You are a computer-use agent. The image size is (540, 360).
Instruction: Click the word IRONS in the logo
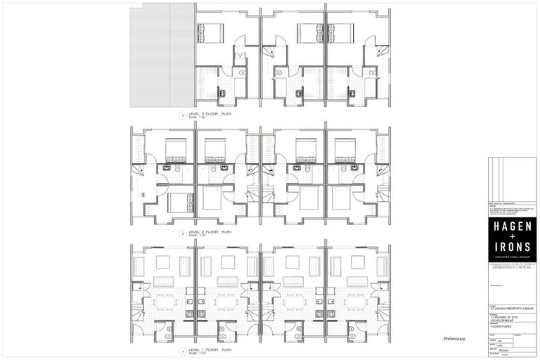pos(513,248)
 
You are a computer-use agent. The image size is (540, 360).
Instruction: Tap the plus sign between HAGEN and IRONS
pos(513,238)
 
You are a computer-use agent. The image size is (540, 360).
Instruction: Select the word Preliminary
pos(454,339)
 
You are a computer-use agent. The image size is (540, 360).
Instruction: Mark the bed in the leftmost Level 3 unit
pos(210,32)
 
